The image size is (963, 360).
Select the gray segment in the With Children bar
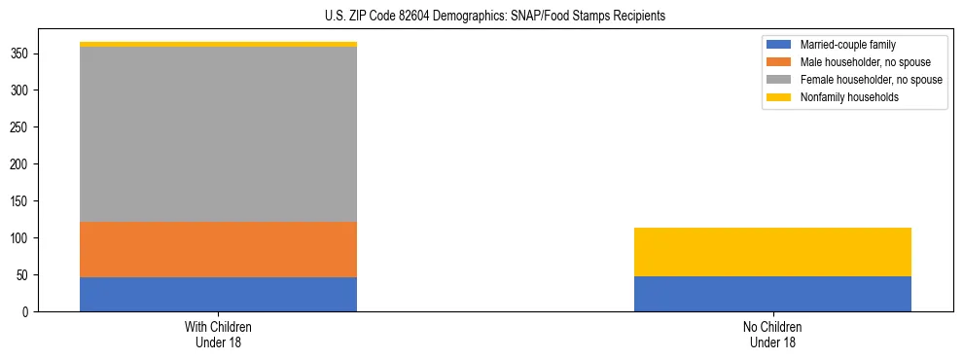coord(218,134)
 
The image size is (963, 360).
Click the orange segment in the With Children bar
coord(218,249)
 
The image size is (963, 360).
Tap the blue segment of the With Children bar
coord(218,294)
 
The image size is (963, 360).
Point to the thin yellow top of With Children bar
coord(218,44)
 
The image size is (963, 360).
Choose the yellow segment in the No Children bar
coord(772,252)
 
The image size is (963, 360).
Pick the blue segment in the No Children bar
coord(772,294)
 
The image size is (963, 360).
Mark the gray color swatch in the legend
coord(780,80)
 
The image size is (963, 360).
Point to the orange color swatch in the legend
coord(780,62)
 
